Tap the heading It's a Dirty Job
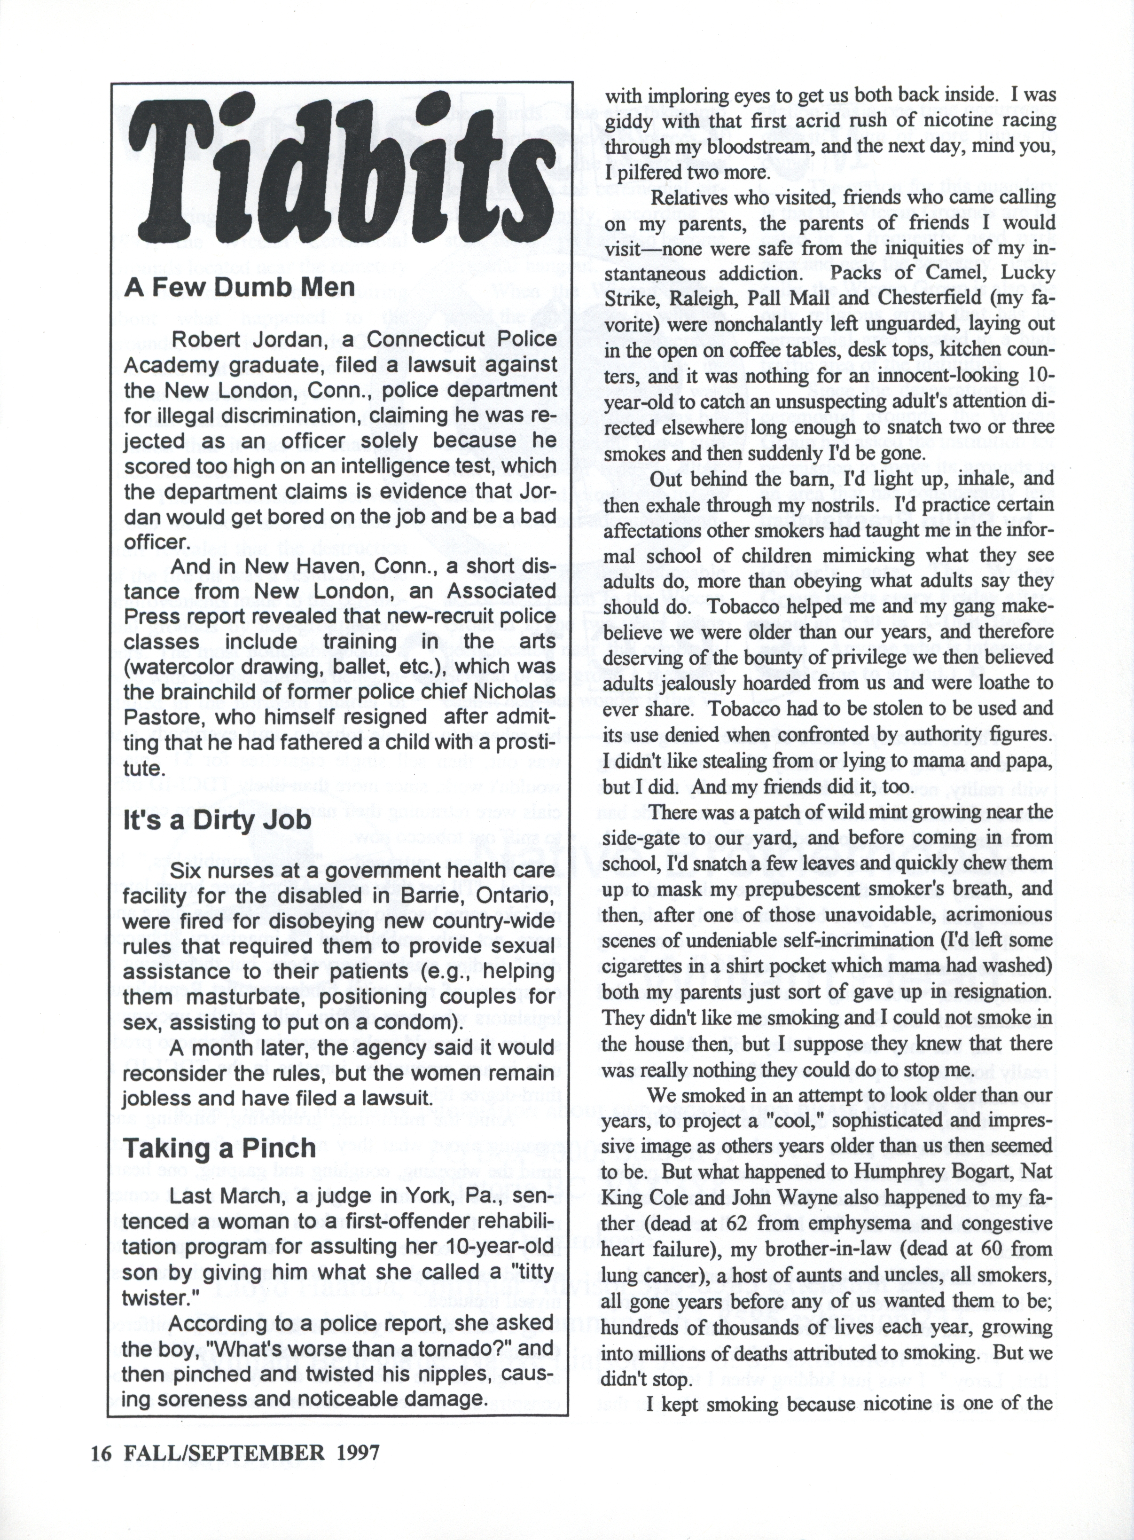pos(217,820)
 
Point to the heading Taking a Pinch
pos(219,1148)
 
